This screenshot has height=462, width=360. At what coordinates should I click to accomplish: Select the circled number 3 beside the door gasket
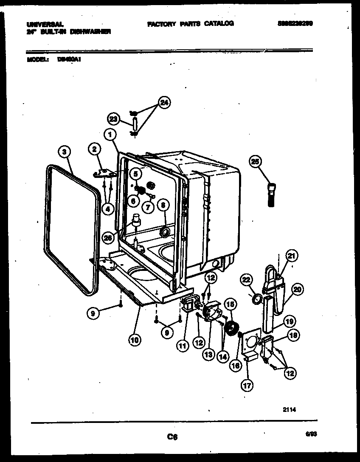coord(64,152)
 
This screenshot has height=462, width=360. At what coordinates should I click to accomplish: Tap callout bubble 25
coord(256,161)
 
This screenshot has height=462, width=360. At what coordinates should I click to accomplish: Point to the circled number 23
coord(113,119)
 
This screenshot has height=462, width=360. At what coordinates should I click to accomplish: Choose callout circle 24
coord(163,102)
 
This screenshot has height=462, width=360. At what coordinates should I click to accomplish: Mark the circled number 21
coord(291,256)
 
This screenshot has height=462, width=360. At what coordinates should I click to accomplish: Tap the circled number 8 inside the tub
coord(163,205)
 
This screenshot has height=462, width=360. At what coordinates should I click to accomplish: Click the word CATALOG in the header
coord(219,24)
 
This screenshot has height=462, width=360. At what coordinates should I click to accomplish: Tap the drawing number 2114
coord(289,410)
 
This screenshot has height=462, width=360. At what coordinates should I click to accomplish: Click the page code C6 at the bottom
coord(172,437)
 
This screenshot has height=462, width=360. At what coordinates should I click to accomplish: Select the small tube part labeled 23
coord(134,123)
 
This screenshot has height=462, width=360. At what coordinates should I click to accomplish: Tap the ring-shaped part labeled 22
coord(256,301)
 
